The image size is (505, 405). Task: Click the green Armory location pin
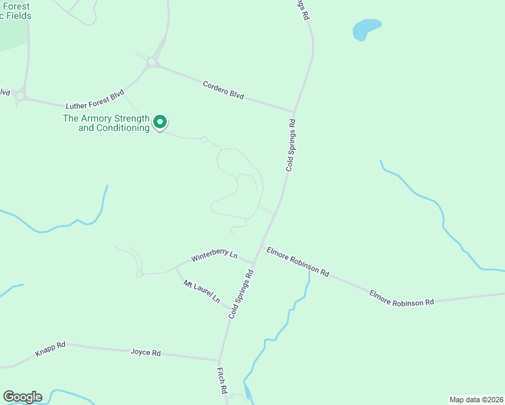(160, 122)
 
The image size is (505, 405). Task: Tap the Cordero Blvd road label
(223, 90)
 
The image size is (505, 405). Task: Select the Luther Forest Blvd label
(95, 102)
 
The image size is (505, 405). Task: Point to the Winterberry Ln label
(214, 255)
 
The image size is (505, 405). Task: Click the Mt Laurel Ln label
(202, 290)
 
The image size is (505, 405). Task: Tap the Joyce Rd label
(146, 352)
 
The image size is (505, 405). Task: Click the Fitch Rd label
(221, 381)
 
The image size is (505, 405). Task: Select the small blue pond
(366, 29)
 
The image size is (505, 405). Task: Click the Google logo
(22, 397)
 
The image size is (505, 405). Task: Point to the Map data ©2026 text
(476, 399)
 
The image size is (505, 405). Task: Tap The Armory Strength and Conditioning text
(106, 123)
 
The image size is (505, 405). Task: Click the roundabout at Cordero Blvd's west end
(152, 62)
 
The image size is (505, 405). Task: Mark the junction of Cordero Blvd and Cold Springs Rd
(294, 111)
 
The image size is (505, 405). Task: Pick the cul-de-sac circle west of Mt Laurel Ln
(140, 273)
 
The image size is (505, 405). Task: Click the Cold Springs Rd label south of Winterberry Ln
(240, 294)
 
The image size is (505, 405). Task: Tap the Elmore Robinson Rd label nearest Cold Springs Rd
(298, 262)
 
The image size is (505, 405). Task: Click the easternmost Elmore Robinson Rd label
(401, 298)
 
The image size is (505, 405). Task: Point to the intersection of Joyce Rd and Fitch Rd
(219, 360)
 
